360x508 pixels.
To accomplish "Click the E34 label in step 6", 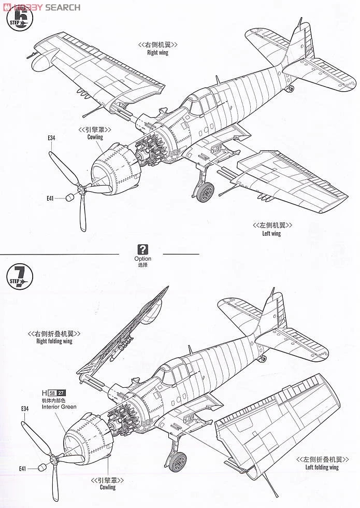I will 51,138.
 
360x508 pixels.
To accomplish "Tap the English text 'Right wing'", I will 157,52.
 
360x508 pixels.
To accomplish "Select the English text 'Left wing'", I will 271,233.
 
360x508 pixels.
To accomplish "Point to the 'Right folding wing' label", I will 54,341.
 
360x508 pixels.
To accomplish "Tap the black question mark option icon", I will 143,249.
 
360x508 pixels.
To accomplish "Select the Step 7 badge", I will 20,278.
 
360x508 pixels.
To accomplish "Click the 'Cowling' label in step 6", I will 95,137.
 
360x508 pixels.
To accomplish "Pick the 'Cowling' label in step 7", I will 108,487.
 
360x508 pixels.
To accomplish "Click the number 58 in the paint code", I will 51,392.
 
